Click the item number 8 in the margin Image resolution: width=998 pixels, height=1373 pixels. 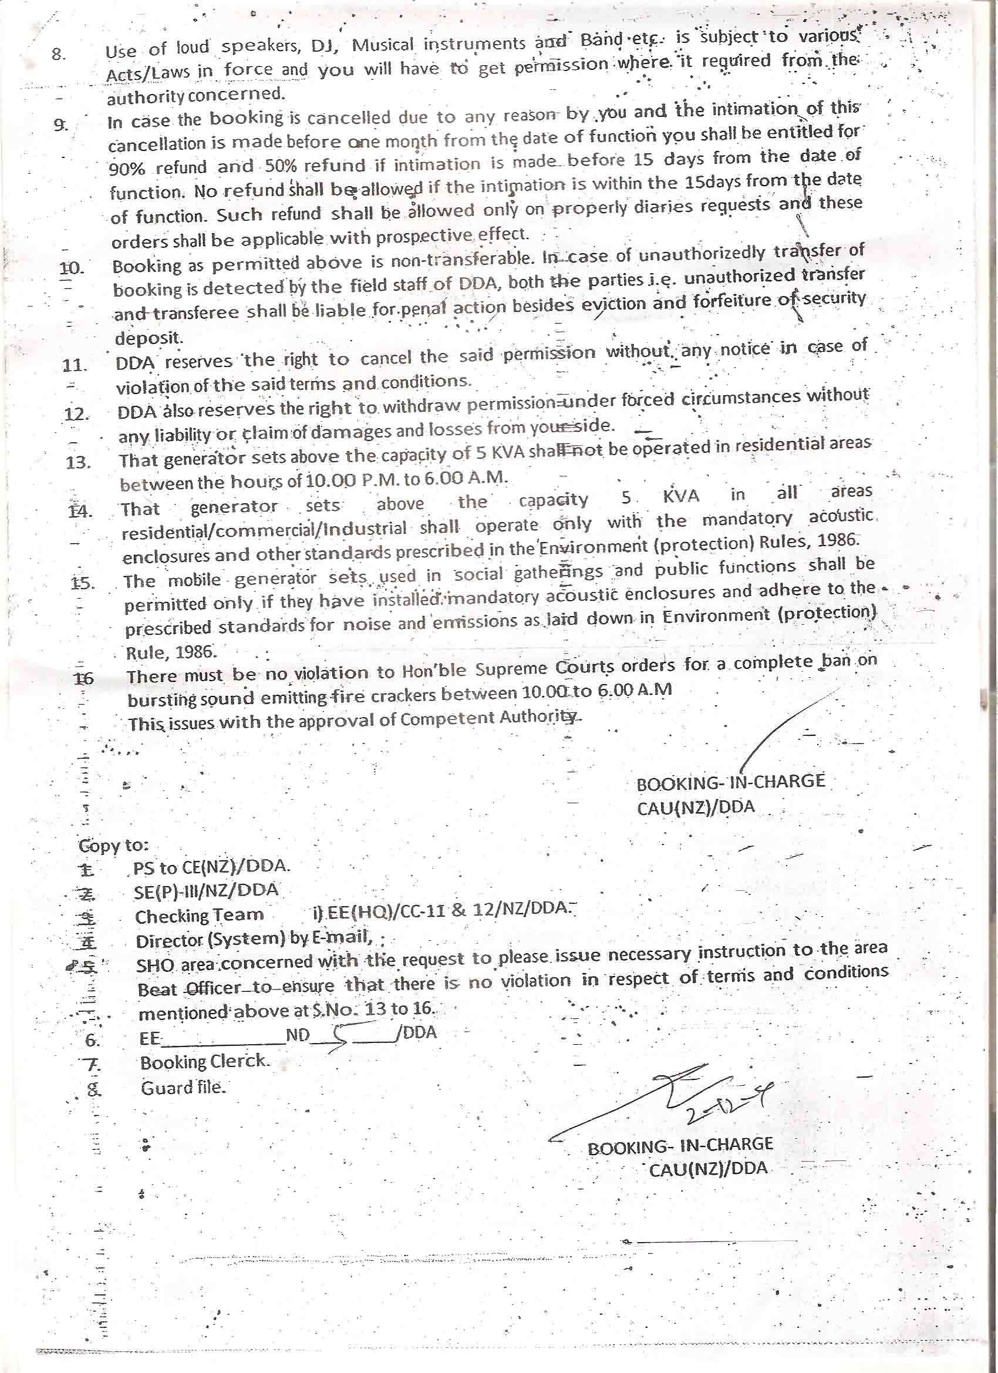click(58, 55)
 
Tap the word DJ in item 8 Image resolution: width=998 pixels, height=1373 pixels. click(326, 46)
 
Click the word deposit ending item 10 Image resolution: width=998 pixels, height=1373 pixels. click(148, 337)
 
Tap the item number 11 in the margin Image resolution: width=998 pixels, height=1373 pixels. click(75, 366)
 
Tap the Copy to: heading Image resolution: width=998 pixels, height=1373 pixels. click(113, 845)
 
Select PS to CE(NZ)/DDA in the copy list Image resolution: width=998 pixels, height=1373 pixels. click(211, 867)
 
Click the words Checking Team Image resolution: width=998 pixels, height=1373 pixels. click(199, 916)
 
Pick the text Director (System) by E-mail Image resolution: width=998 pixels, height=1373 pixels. click(254, 940)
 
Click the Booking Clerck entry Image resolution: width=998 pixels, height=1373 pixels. click(204, 1061)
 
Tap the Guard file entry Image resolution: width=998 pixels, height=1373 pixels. click(183, 1088)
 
